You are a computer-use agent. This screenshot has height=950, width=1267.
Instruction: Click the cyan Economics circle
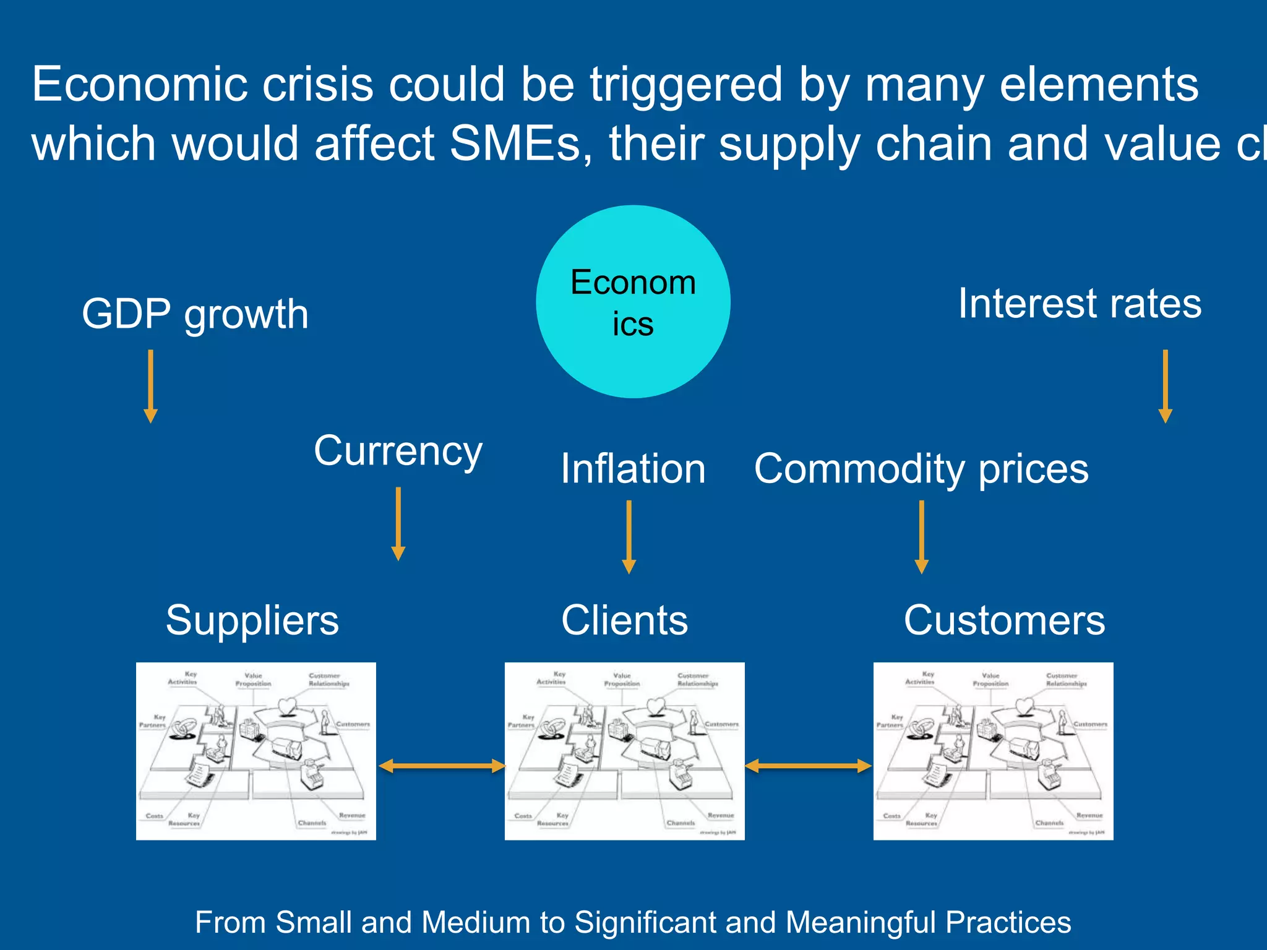pos(633,302)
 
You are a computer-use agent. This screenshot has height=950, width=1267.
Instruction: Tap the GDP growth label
pos(195,314)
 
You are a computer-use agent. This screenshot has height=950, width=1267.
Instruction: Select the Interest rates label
pos(1080,304)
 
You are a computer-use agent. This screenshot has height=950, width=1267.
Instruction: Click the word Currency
pos(398,451)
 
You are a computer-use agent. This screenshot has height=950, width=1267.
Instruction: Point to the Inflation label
pos(633,469)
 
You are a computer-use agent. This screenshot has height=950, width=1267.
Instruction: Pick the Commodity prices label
pos(921,469)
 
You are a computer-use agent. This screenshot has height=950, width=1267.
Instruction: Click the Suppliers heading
pos(252,620)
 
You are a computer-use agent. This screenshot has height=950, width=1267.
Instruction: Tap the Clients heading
pos(624,620)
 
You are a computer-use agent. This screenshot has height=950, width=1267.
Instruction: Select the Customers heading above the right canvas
pos(1004,620)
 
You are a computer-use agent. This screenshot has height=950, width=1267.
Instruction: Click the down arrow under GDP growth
pos(150,387)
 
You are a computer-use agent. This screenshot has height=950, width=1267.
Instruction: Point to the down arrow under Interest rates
pos(1165,387)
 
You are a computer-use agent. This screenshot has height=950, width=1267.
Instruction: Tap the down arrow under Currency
pos(398,524)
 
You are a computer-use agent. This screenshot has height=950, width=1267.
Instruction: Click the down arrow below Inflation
pos(629,537)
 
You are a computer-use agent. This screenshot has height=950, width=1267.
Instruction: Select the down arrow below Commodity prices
pos(921,537)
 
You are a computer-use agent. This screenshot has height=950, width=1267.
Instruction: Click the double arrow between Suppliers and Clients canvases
pos(441,766)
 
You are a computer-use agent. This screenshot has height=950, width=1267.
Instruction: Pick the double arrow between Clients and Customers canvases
pos(808,766)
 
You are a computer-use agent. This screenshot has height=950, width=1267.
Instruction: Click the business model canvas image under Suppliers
pos(256,751)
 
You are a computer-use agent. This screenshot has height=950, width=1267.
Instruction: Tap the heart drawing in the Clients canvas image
pos(655,706)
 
